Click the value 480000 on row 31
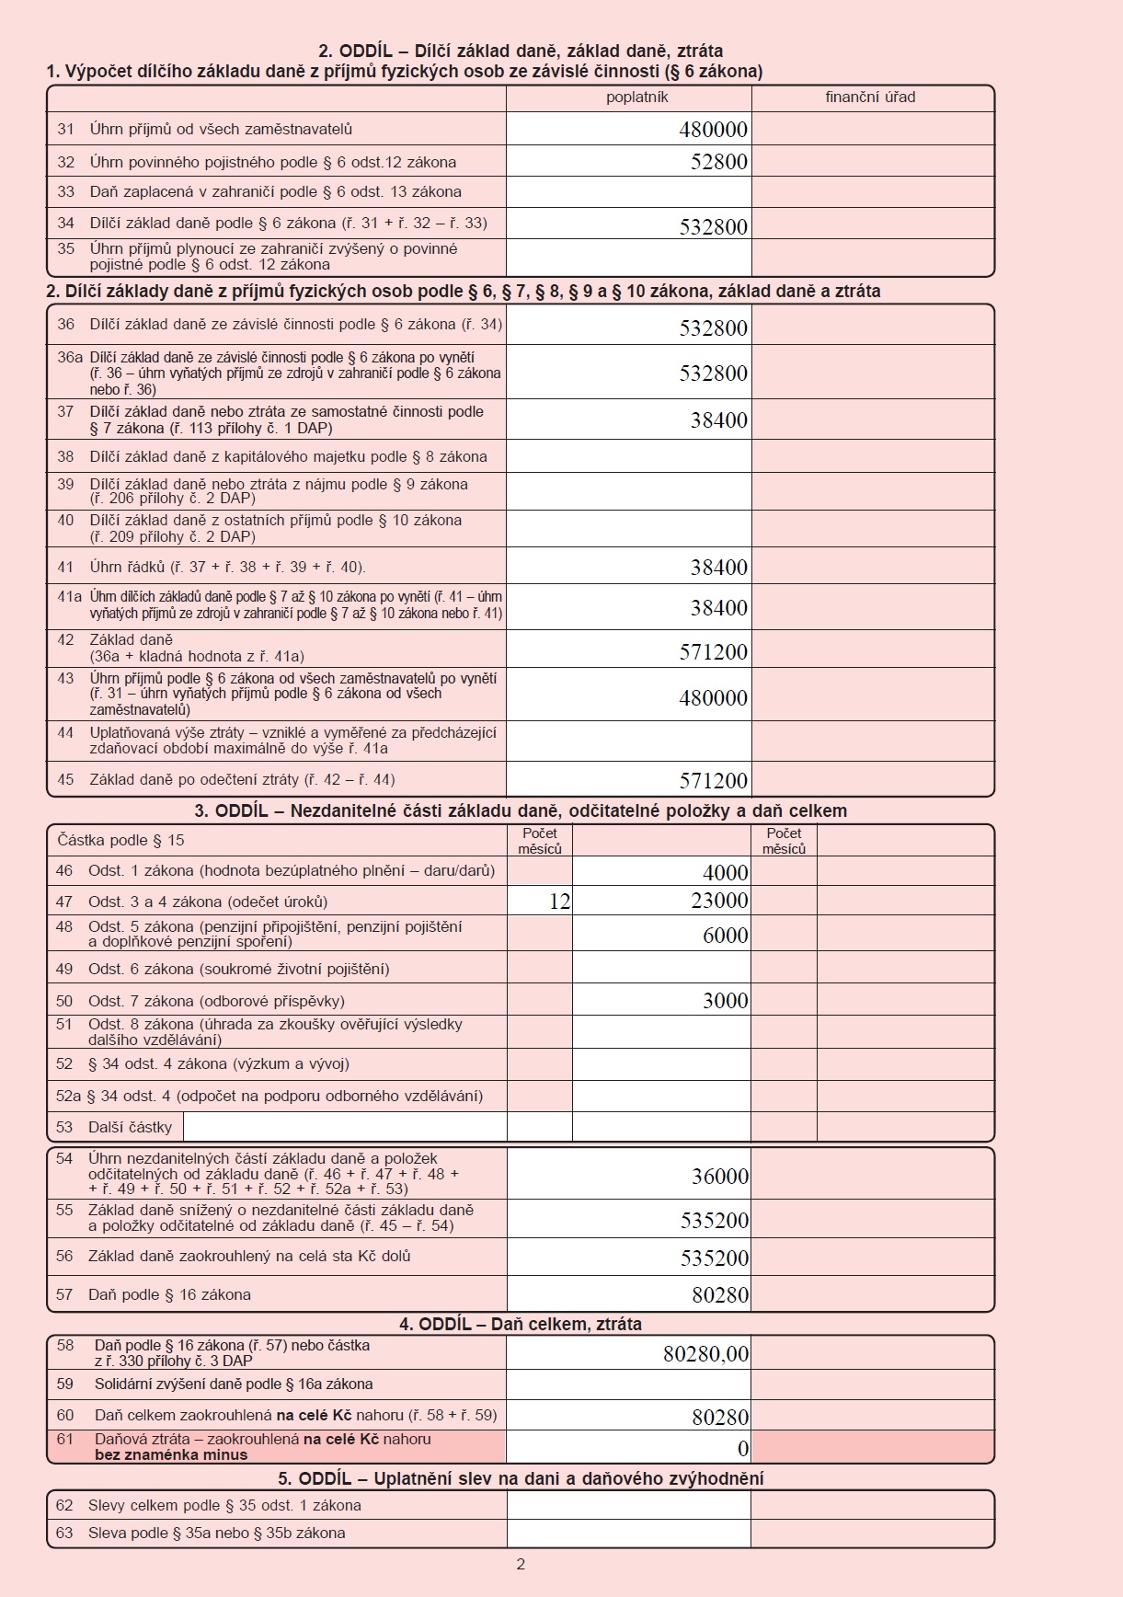(713, 130)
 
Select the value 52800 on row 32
(718, 162)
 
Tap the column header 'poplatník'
(636, 98)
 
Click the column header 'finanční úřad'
(870, 98)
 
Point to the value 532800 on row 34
(713, 227)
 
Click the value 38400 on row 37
(718, 420)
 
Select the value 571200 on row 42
(713, 652)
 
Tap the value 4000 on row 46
(725, 872)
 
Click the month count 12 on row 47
(559, 902)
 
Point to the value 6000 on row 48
(725, 936)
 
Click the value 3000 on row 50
(725, 1001)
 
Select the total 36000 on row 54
(719, 1177)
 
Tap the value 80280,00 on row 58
(705, 1354)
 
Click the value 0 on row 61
(743, 1449)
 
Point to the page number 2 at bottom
(521, 1564)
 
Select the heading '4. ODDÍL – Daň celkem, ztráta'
(520, 1324)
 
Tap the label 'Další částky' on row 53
(130, 1127)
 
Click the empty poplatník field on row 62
(628, 1506)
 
